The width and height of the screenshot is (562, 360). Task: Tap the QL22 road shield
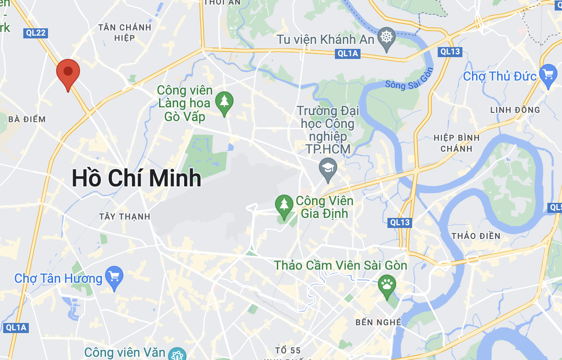36,32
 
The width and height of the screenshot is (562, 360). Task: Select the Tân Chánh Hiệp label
125,32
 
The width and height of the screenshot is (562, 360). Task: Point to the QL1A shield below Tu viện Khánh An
348,53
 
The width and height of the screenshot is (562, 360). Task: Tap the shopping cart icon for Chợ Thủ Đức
548,74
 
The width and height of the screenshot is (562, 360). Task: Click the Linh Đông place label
515,110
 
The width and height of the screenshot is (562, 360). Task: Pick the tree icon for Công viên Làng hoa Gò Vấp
224,101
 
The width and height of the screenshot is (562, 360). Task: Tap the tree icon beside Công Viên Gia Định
284,205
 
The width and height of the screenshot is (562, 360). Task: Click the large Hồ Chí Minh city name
137,178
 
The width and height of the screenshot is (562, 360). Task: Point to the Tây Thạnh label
125,217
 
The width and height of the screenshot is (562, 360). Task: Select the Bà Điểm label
27,120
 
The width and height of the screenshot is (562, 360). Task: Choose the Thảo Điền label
476,236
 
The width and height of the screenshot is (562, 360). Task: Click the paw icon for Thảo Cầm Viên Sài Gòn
387,286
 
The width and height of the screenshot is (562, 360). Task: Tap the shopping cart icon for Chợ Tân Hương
114,276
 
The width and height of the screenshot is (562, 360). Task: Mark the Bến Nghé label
378,323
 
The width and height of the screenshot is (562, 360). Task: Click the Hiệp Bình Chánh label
456,143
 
